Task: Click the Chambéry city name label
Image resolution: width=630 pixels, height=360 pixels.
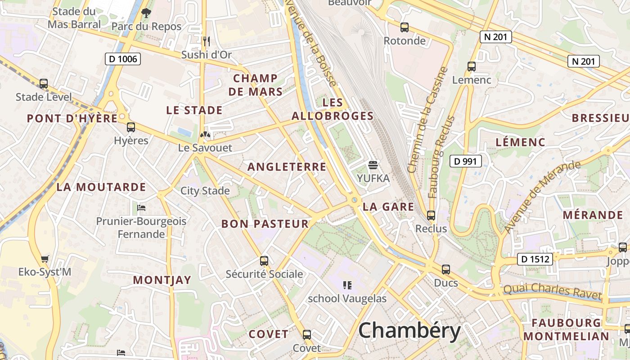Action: click(409, 331)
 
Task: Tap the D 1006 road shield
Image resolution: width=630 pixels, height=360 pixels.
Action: click(123, 59)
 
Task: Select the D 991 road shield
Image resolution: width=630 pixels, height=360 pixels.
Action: click(466, 161)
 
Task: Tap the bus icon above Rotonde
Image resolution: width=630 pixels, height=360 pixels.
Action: click(405, 27)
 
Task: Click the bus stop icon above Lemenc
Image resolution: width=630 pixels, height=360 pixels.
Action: click(472, 67)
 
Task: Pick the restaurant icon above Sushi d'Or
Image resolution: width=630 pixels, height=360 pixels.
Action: click(207, 41)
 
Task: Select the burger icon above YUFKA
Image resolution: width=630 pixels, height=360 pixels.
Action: click(373, 165)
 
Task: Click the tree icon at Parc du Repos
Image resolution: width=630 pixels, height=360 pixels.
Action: click(146, 13)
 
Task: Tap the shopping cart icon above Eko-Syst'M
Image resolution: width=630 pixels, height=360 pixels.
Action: click(45, 259)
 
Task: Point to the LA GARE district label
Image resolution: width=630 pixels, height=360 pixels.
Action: click(388, 207)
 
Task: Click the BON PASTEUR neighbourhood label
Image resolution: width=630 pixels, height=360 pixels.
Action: click(265, 224)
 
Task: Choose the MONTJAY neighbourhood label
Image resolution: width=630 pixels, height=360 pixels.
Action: click(162, 280)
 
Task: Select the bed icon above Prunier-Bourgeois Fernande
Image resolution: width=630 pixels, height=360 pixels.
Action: click(141, 207)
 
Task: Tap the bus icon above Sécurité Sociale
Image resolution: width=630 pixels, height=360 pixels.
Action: click(264, 261)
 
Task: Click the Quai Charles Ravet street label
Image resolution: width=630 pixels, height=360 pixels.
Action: click(552, 291)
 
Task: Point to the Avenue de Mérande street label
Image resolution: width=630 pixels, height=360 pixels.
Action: click(542, 197)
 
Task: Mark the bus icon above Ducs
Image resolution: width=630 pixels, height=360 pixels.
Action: click(445, 270)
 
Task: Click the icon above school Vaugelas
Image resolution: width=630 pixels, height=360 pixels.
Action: click(347, 285)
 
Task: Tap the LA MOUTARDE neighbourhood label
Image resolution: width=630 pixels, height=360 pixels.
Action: click(101, 187)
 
